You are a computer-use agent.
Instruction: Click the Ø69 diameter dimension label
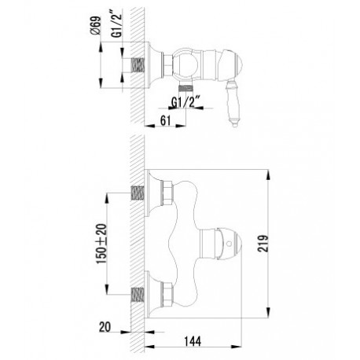95,25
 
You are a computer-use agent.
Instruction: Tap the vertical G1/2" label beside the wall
118,25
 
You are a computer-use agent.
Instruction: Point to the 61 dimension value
165,121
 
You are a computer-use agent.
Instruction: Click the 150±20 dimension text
101,244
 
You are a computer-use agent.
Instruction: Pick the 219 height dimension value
263,244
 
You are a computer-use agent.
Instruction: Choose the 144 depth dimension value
193,341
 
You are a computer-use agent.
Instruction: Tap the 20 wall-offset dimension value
105,327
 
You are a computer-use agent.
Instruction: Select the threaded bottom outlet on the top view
186,86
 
